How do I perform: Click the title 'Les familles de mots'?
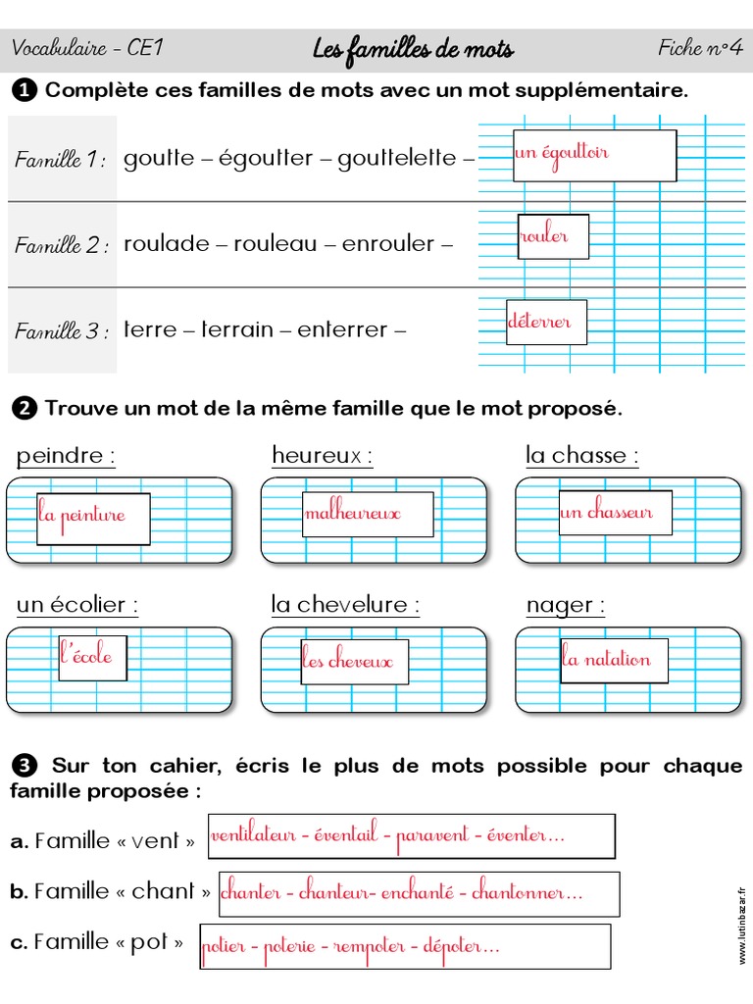coord(413,49)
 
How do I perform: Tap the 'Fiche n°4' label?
coord(699,48)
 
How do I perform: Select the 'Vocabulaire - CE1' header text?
coord(74,48)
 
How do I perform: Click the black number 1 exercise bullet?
coord(25,91)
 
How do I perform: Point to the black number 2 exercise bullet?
coord(25,408)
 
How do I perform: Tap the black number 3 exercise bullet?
coord(25,766)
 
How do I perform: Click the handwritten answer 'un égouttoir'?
coord(562,153)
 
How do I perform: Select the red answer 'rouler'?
coord(544,236)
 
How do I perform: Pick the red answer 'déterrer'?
coord(539,322)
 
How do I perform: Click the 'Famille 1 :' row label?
coord(61,160)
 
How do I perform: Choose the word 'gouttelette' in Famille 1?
coord(397,159)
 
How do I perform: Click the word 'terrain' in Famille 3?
coord(237,330)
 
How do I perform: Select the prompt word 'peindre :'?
coord(66,456)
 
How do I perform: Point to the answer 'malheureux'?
coord(353,514)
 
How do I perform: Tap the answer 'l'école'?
coord(87,656)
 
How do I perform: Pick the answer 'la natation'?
coord(606,659)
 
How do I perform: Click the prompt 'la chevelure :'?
coord(345,605)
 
